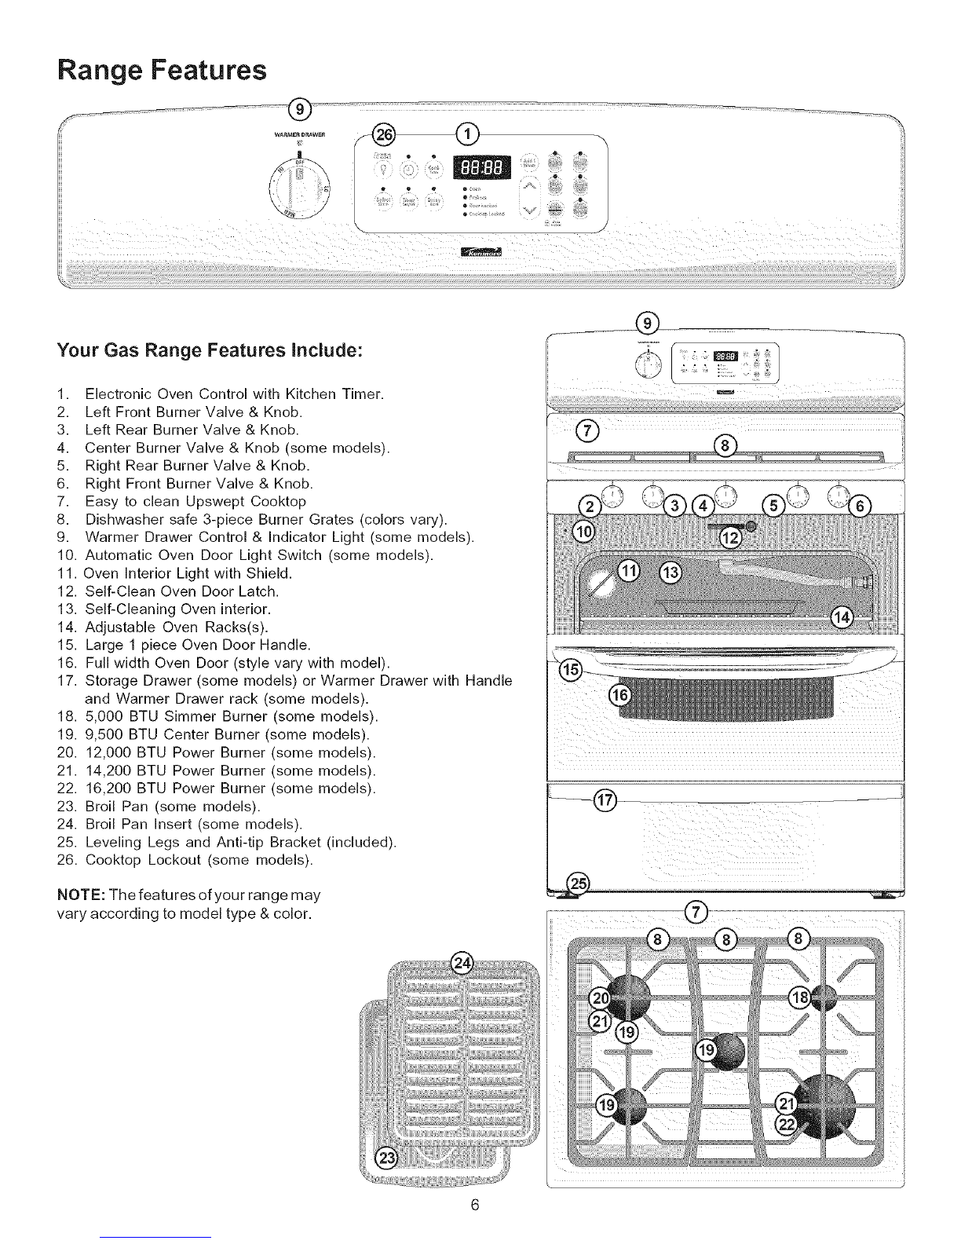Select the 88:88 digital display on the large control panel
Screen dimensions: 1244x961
(x=481, y=168)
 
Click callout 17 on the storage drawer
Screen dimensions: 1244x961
(x=605, y=801)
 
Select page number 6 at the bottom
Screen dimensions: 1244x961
(x=475, y=1206)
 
